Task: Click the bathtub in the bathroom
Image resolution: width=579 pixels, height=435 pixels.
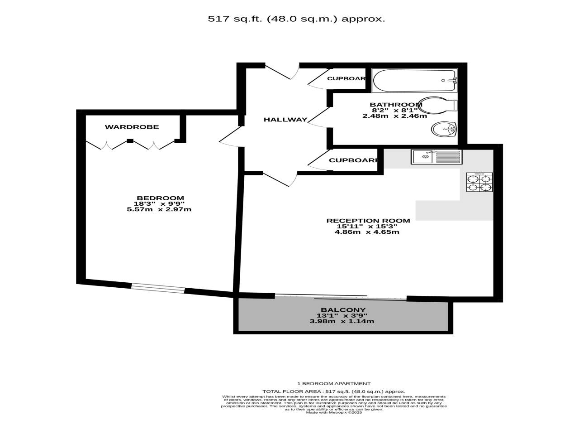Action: [x=414, y=81]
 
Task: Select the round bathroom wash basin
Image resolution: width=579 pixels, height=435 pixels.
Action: [x=443, y=130]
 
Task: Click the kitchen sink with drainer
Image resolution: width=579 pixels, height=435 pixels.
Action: [x=437, y=157]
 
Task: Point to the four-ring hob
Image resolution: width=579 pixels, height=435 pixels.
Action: [x=479, y=182]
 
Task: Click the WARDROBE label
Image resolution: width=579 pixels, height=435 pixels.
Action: [x=132, y=127]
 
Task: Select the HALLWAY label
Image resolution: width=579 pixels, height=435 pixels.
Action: [x=285, y=120]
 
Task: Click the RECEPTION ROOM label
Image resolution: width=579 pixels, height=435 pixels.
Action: [x=368, y=221]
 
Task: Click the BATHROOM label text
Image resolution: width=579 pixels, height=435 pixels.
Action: [x=396, y=105]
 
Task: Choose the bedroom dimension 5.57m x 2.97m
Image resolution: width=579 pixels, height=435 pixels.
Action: [x=159, y=209]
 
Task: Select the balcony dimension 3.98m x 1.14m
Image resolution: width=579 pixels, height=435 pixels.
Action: [x=342, y=321]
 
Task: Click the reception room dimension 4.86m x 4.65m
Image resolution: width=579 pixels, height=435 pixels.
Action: [x=367, y=232]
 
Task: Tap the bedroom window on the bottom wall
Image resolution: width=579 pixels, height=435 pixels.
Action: [x=158, y=288]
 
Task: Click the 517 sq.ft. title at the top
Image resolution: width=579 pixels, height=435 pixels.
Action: [x=296, y=19]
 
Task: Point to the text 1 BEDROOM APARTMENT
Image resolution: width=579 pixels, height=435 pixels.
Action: [x=334, y=383]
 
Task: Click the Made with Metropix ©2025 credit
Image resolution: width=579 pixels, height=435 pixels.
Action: [x=334, y=412]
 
